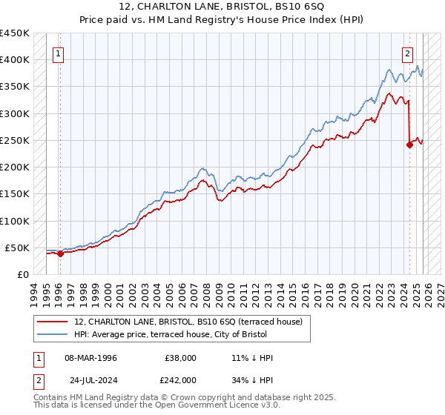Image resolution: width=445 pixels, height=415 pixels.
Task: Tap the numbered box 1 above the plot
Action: [58, 53]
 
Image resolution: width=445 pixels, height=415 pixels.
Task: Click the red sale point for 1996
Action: [60, 253]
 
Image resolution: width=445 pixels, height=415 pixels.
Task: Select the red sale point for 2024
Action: [409, 145]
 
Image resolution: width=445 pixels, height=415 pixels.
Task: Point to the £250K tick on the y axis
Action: [15, 140]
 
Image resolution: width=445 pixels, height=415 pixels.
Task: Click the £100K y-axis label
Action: [15, 221]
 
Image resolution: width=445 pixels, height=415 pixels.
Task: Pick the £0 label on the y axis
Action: [22, 274]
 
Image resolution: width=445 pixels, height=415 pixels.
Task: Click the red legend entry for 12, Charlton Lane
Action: [188, 322]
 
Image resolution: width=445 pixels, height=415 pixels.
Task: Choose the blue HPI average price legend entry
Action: [191, 335]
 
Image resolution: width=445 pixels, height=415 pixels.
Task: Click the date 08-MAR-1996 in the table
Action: [90, 358]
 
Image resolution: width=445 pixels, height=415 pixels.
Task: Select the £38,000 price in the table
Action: [180, 358]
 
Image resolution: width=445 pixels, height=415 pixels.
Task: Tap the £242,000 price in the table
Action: [180, 379]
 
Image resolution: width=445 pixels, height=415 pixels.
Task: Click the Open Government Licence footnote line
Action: [156, 405]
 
